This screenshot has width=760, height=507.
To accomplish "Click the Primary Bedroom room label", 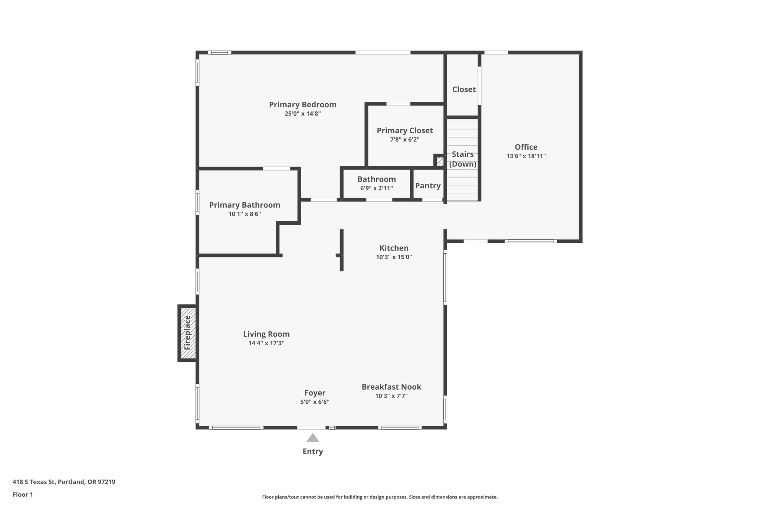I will pyautogui.click(x=302, y=105).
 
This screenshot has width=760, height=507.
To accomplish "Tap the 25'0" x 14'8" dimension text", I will pyautogui.click(x=302, y=114).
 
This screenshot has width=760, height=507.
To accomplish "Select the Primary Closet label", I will pyautogui.click(x=404, y=131).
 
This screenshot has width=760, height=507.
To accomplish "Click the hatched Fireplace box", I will pyautogui.click(x=188, y=333).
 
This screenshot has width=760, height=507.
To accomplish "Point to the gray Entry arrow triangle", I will pyautogui.click(x=313, y=438).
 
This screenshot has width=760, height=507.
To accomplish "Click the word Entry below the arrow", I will pyautogui.click(x=313, y=451).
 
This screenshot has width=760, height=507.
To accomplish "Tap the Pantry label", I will pyautogui.click(x=427, y=186).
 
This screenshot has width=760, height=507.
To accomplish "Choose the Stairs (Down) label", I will pyautogui.click(x=463, y=159).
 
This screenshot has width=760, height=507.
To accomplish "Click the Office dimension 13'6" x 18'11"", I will pyautogui.click(x=526, y=156).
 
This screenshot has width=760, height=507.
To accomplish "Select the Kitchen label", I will pyautogui.click(x=394, y=248).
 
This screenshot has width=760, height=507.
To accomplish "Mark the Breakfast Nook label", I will pyautogui.click(x=391, y=387).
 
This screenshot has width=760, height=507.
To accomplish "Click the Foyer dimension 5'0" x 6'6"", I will pyautogui.click(x=315, y=402).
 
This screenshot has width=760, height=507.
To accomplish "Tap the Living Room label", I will pyautogui.click(x=266, y=334).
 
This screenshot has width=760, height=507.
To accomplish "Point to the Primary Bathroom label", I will pyautogui.click(x=245, y=205).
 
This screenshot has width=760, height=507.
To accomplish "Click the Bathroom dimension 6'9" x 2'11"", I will pyautogui.click(x=376, y=188).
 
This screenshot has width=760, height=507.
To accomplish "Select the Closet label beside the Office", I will pyautogui.click(x=463, y=90).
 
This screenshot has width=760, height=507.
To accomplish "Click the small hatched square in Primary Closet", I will pyautogui.click(x=440, y=162).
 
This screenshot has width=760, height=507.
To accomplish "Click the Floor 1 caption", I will pyautogui.click(x=23, y=494).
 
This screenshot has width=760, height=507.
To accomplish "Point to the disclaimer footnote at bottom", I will pyautogui.click(x=380, y=497).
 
